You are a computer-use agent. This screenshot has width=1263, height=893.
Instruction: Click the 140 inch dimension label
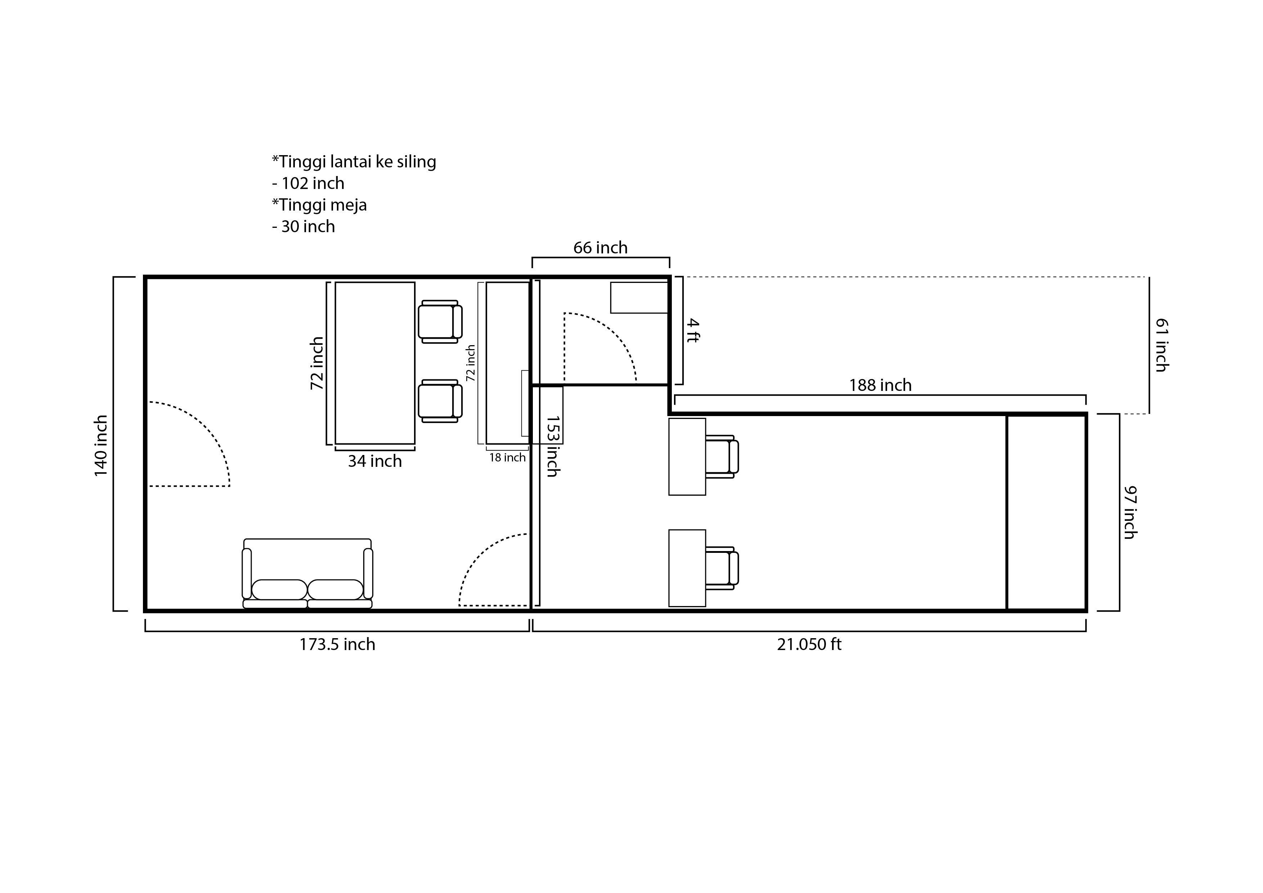tap(101, 446)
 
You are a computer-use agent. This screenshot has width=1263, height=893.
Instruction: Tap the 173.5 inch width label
tap(337, 644)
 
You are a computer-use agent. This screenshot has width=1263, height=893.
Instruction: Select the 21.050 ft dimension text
tap(809, 644)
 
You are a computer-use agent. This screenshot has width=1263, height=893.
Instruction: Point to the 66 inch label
tap(601, 248)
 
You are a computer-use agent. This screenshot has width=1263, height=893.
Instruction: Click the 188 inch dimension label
tap(880, 385)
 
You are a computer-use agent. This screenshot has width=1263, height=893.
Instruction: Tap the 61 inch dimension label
tap(1161, 345)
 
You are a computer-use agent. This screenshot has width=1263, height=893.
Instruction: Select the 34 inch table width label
tap(374, 461)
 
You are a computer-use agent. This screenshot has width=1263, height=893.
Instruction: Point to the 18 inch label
tap(508, 457)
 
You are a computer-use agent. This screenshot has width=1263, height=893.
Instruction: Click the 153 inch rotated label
tap(553, 446)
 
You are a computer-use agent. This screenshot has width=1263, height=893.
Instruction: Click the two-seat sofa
tap(307, 573)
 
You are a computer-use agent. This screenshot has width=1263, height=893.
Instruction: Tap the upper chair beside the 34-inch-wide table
tap(440, 322)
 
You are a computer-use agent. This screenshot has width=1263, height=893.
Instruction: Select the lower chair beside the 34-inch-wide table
tap(440, 401)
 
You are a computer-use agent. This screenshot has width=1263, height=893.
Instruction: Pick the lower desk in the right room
tap(687, 568)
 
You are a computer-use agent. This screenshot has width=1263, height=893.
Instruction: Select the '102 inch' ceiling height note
tap(313, 183)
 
